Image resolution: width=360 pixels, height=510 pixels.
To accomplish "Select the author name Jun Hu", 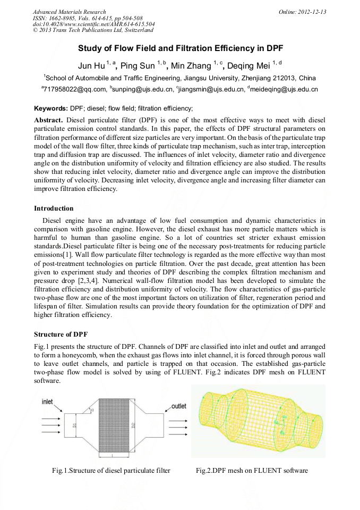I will [x=91, y=66].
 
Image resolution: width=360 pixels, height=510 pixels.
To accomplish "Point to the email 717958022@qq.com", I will [x=74, y=89].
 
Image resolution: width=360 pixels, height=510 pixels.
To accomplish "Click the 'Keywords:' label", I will [x=51, y=108].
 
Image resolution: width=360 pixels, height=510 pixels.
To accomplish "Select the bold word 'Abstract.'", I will [x=49, y=120].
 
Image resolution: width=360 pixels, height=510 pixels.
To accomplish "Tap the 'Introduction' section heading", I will [x=54, y=208].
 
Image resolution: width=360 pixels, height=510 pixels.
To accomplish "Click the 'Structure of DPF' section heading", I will [x=61, y=335].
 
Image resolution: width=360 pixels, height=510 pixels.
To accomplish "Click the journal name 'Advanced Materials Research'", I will [x=69, y=12].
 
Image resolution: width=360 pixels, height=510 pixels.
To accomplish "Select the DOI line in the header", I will [x=94, y=24].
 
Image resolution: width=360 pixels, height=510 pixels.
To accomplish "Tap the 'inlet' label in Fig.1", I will [x=47, y=402].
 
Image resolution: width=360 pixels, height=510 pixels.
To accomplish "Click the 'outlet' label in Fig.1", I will [x=178, y=406].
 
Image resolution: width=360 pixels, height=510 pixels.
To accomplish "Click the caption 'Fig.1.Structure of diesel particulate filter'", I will [x=111, y=471].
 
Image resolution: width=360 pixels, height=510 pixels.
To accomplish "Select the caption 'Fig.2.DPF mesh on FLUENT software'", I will [x=252, y=471].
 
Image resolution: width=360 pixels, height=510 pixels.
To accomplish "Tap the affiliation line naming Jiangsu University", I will [x=180, y=78].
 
